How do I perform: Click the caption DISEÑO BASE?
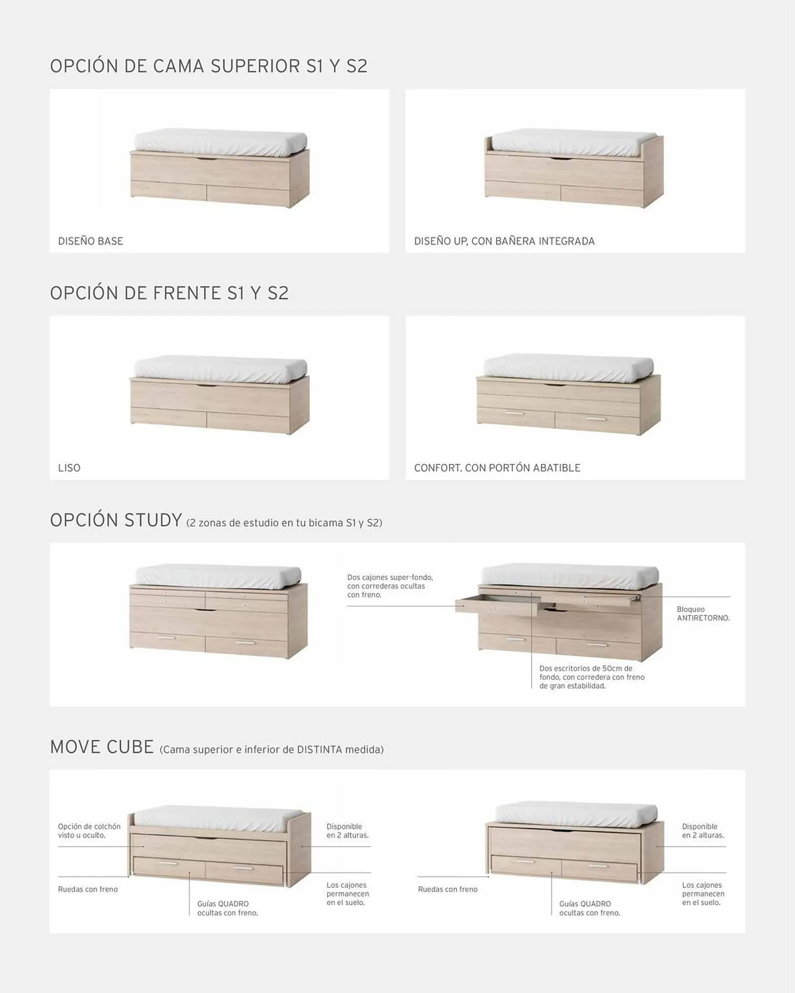(90, 241)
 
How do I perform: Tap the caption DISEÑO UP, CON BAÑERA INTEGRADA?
(504, 241)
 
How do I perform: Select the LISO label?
(69, 468)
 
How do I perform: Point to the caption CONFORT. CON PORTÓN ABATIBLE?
(497, 468)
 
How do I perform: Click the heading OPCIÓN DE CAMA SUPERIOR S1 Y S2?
(209, 66)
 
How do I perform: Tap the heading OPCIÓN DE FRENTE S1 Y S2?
(169, 293)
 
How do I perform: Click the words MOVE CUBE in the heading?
(102, 747)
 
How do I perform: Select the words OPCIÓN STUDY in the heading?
(116, 520)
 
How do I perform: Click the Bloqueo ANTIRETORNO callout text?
(703, 614)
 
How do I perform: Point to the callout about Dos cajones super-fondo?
(390, 586)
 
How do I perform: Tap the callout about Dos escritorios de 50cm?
(591, 677)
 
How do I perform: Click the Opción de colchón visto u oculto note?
(89, 831)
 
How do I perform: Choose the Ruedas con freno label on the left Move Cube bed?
(88, 889)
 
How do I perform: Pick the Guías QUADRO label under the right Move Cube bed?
(589, 908)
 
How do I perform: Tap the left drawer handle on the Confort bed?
(514, 413)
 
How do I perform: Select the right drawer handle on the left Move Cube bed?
(243, 868)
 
